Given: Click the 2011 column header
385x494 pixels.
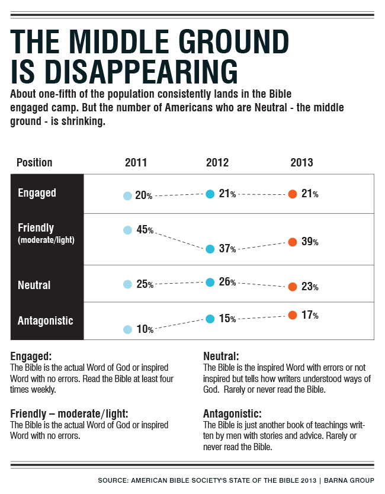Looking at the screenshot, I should point(136,163).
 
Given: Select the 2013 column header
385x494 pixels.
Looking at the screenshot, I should point(301,163).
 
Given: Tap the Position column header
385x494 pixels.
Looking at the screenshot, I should point(34,163).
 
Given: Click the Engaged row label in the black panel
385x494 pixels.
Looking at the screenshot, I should point(37,193).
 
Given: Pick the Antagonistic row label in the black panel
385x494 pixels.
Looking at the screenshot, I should point(46,320).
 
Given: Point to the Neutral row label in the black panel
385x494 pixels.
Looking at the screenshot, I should point(34,285).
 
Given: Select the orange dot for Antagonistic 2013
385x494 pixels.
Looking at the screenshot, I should point(292,315).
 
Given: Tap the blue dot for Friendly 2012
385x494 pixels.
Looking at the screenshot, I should point(210,249).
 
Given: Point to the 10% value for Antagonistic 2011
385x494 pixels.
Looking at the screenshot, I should point(145,329).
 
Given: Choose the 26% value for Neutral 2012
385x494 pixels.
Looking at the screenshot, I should point(227,283).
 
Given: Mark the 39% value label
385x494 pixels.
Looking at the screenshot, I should point(310,242).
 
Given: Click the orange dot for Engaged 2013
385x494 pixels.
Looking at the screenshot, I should point(292,194).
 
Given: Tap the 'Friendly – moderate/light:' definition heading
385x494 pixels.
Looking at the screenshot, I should point(69,413).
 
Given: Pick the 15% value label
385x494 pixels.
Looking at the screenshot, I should point(227,319).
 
